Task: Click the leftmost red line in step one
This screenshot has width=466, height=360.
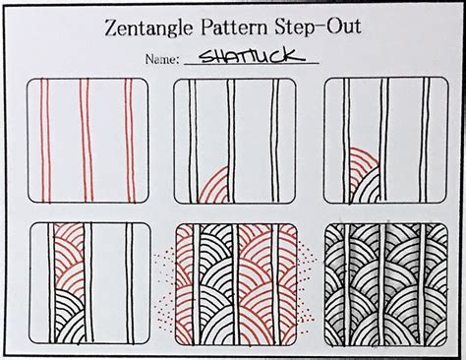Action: (45, 143)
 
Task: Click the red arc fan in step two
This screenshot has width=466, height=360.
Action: (215, 186)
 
